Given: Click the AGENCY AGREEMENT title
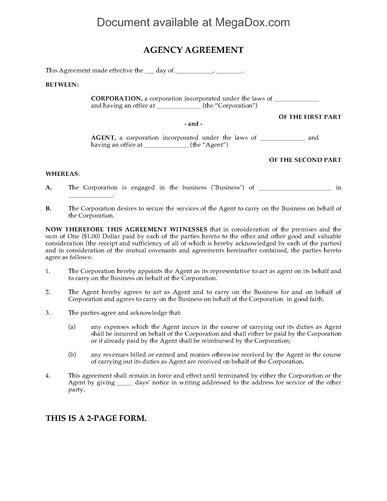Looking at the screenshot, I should tap(193, 50).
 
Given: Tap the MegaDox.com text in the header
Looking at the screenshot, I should tap(252, 22).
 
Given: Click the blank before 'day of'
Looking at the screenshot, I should tap(149, 71).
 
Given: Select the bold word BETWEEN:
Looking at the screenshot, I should tap(62, 85).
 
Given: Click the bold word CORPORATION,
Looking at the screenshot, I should tap(117, 99).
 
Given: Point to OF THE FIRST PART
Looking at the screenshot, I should tap(310, 117).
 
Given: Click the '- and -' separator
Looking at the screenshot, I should tap(193, 124).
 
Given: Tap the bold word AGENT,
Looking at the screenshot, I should tap(104, 138).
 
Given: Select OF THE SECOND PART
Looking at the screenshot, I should tap(305, 160).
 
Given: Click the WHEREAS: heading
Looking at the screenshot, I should tap(63, 174).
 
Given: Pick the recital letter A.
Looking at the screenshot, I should tap(49, 188).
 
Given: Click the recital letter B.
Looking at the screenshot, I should tap(48, 208).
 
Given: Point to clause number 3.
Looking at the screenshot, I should tap(48, 313).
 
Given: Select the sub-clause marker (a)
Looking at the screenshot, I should tap(72, 327).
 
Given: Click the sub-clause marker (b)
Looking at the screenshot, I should tap(72, 355).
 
